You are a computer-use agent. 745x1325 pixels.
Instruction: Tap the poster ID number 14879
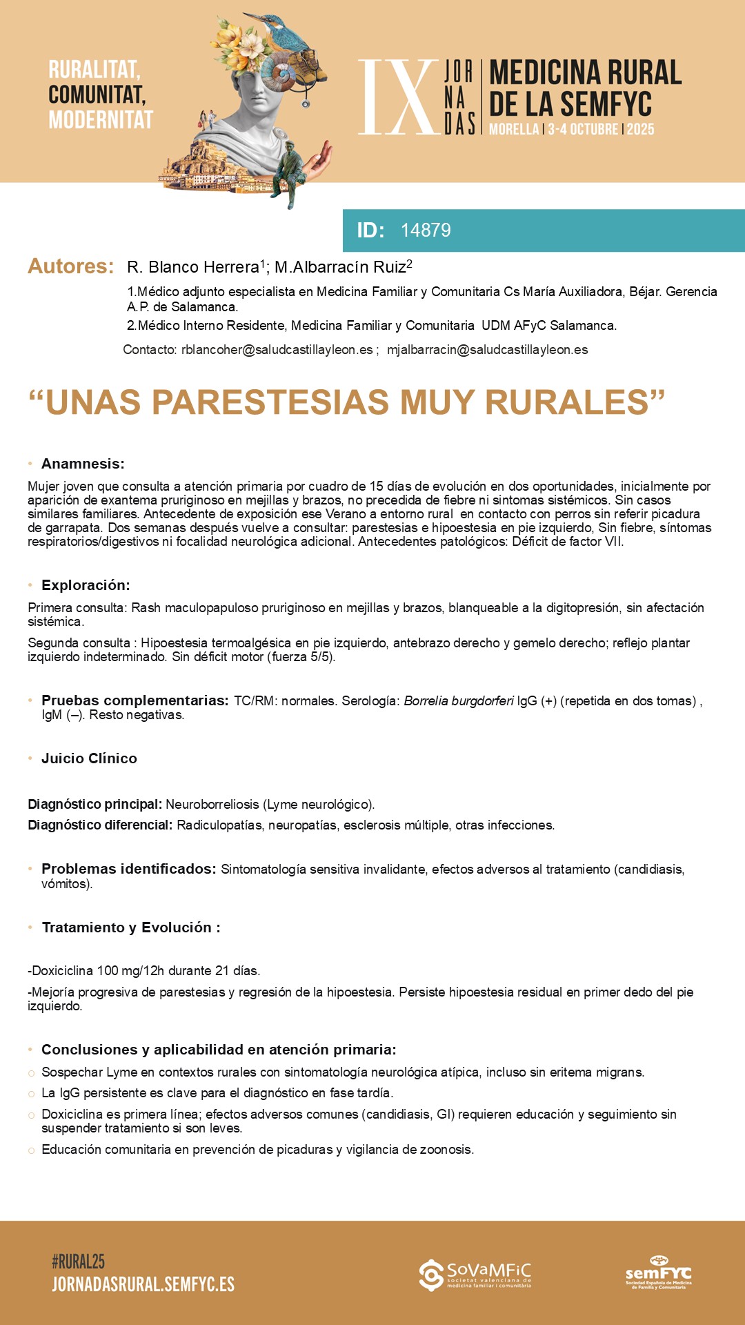(426, 230)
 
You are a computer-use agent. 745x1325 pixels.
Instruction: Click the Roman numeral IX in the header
(398, 97)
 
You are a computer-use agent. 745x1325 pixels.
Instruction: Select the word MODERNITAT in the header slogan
(101, 120)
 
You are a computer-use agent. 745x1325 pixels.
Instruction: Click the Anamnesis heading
(83, 464)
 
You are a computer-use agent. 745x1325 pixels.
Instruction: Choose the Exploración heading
(86, 585)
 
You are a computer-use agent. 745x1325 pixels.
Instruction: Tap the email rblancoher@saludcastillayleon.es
(277, 350)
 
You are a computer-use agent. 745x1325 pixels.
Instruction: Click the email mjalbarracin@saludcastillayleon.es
(487, 350)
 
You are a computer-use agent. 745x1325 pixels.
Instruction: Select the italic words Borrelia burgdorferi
(459, 701)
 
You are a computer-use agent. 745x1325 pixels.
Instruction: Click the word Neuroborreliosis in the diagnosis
(212, 805)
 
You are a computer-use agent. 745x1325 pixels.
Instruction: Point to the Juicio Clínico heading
(89, 758)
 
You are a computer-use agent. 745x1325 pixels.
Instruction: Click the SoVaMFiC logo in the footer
(475, 1275)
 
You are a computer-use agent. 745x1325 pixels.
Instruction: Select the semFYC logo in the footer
(658, 1273)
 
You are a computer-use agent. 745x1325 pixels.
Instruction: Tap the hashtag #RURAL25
(78, 1262)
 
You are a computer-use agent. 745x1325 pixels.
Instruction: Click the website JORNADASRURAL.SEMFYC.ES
(143, 1284)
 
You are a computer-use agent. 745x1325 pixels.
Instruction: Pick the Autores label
(70, 266)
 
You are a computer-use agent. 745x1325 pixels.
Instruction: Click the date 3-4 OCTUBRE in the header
(583, 129)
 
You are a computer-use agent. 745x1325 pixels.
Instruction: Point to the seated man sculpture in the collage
(290, 173)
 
